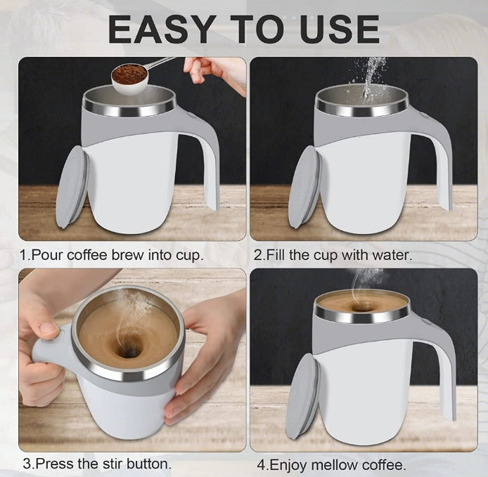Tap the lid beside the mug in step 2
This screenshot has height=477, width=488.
[304, 187]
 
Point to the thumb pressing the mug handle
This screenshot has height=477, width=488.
[48, 329]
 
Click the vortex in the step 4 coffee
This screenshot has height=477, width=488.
[361, 306]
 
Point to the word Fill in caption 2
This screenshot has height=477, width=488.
[277, 254]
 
